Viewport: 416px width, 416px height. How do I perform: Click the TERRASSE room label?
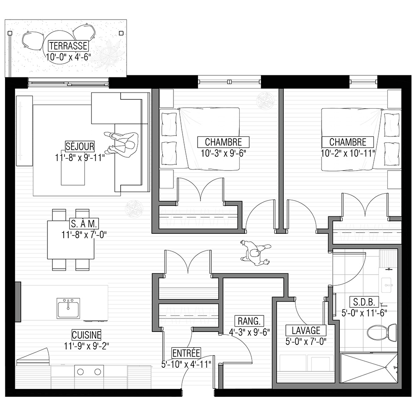pos(68,46)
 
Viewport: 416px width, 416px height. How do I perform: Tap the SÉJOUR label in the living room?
pos(80,146)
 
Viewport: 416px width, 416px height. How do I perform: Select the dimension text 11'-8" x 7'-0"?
pos(84,235)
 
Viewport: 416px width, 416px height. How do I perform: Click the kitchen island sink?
pos(68,308)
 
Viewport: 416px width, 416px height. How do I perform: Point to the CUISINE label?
pos(87,335)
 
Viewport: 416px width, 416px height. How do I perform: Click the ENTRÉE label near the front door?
pos(186,353)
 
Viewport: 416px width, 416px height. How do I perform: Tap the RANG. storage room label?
pos(249,321)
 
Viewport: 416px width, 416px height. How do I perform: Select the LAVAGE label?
pos(306,331)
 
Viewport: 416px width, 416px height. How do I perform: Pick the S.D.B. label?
pos(364,302)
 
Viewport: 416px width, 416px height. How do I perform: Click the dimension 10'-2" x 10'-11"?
pos(348,154)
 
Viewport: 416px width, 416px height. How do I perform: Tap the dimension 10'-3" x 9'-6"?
pos(223,154)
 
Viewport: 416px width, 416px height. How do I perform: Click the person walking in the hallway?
pos(255,253)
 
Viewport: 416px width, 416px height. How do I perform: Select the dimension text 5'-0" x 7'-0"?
pos(306,342)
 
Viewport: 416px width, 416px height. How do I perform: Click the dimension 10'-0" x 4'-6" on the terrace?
pos(69,57)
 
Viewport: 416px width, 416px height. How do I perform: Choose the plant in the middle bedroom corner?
pos(265,101)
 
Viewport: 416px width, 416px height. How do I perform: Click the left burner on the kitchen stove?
pos(80,372)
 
